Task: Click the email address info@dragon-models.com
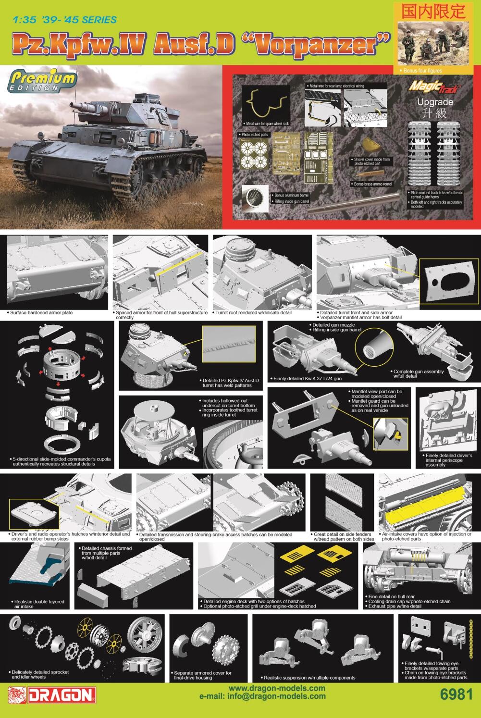(262, 696)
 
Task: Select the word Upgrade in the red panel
(435, 102)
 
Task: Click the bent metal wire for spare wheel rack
(267, 105)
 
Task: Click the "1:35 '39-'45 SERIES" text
(65, 20)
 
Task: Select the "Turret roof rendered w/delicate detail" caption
(254, 313)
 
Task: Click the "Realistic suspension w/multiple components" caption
(309, 678)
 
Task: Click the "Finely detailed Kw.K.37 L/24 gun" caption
(307, 379)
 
